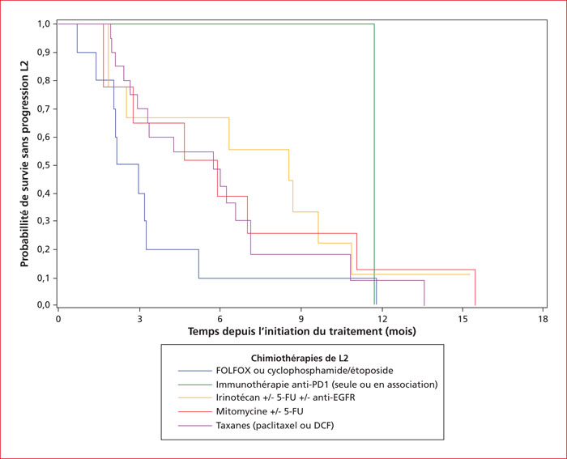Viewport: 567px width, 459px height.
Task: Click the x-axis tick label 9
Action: (x=301, y=319)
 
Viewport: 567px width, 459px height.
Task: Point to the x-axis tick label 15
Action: (x=463, y=319)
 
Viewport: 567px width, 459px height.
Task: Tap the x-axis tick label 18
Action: (x=544, y=319)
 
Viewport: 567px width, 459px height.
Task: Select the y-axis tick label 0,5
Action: (x=44, y=165)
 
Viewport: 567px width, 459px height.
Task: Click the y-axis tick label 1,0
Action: (x=44, y=23)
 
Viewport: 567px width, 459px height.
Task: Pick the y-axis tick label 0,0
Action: (x=44, y=305)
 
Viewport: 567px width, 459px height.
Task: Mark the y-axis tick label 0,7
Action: (x=44, y=108)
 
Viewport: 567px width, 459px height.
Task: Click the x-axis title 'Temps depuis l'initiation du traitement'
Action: (x=285, y=331)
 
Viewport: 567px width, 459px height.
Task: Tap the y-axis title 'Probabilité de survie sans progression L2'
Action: (x=24, y=164)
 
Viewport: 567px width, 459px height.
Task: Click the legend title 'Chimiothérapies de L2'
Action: (x=300, y=358)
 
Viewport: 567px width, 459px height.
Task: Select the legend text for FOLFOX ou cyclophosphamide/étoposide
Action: (x=305, y=371)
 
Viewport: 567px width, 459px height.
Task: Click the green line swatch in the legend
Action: (x=195, y=385)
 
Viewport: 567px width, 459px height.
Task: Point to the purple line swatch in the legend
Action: (x=195, y=425)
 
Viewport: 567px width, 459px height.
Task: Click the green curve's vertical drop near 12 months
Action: (x=374, y=164)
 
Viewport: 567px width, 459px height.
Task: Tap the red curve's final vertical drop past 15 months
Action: (x=475, y=287)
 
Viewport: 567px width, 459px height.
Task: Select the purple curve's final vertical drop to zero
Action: (x=424, y=293)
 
